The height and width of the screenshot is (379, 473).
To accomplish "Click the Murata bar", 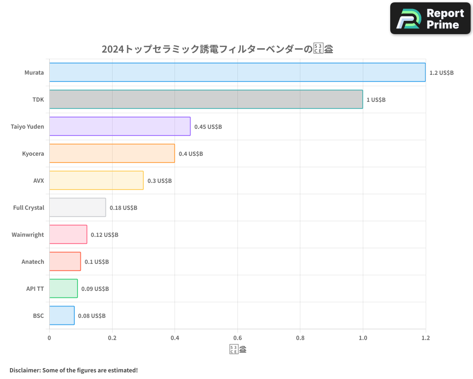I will coord(237,72).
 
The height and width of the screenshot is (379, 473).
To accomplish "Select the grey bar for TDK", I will coord(206,99).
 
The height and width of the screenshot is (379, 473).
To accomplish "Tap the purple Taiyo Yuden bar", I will coord(120,126).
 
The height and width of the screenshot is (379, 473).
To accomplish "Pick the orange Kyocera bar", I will coord(112,153).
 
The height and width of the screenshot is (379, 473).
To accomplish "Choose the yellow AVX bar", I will coord(96,180).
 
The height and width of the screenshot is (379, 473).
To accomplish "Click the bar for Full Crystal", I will coord(78,208).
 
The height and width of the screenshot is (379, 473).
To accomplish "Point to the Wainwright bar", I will coord(68,235).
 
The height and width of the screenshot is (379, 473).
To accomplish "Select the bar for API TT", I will coord(63,289).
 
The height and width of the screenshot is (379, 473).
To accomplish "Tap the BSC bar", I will coord(61,316).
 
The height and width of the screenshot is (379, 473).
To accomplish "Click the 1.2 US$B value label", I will coord(441,73).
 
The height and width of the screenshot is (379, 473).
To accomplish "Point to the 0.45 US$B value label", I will coord(208,127).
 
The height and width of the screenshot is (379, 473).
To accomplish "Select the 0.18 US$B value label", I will coord(123,208).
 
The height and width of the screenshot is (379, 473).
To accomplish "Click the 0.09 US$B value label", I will coord(95,289).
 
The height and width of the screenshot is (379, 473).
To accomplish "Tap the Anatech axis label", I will coord(33,262).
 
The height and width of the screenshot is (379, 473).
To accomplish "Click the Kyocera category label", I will coord(33,154).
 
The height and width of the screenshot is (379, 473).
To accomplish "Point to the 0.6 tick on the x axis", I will coord(237,338).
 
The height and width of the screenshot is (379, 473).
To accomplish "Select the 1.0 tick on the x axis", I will coord(363,338).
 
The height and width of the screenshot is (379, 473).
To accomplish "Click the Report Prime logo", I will coord(430,18).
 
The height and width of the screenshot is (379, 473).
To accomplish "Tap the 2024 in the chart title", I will coord(113,49).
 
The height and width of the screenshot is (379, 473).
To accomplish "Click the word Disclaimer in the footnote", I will coord(24,370).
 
